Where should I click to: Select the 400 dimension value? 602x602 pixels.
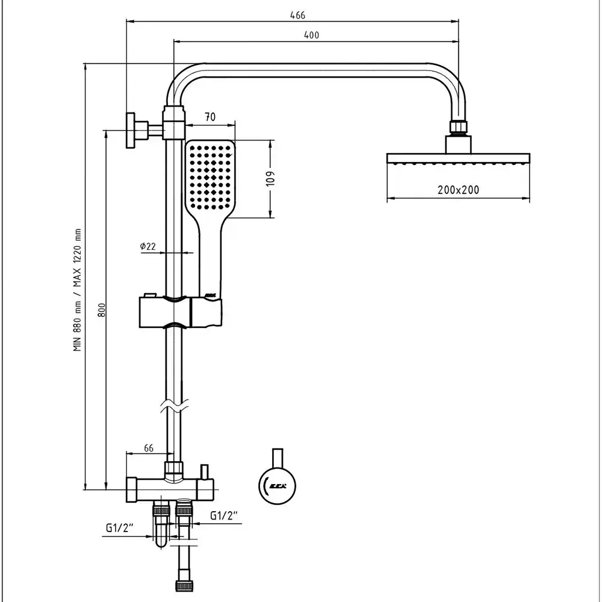click(x=311, y=35)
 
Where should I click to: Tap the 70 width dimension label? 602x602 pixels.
click(x=210, y=118)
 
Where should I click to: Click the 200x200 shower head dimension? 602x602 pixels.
click(x=459, y=190)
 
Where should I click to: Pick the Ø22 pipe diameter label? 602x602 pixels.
click(x=147, y=246)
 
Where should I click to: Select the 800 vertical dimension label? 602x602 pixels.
click(x=102, y=310)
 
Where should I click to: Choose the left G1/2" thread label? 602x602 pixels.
click(x=119, y=528)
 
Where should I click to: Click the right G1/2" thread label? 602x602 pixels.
click(x=225, y=516)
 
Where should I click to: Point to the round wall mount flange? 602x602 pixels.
click(x=130, y=130)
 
